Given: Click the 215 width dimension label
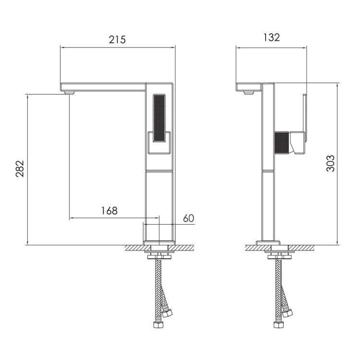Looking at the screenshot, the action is pos(117,39).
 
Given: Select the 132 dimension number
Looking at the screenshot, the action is pos(271,37).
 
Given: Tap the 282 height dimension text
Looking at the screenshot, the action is pos(20,168).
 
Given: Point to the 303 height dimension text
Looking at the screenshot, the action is pos(330,164).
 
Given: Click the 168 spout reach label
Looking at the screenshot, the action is pos(109,211).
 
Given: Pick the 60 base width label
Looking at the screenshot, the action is pos(189,218).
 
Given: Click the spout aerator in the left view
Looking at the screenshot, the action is pos(69,93).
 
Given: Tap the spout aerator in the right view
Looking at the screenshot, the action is pos(249,93).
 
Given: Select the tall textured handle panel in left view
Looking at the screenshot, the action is pos(159,118).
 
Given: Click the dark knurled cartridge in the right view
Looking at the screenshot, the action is pos(281,143).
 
